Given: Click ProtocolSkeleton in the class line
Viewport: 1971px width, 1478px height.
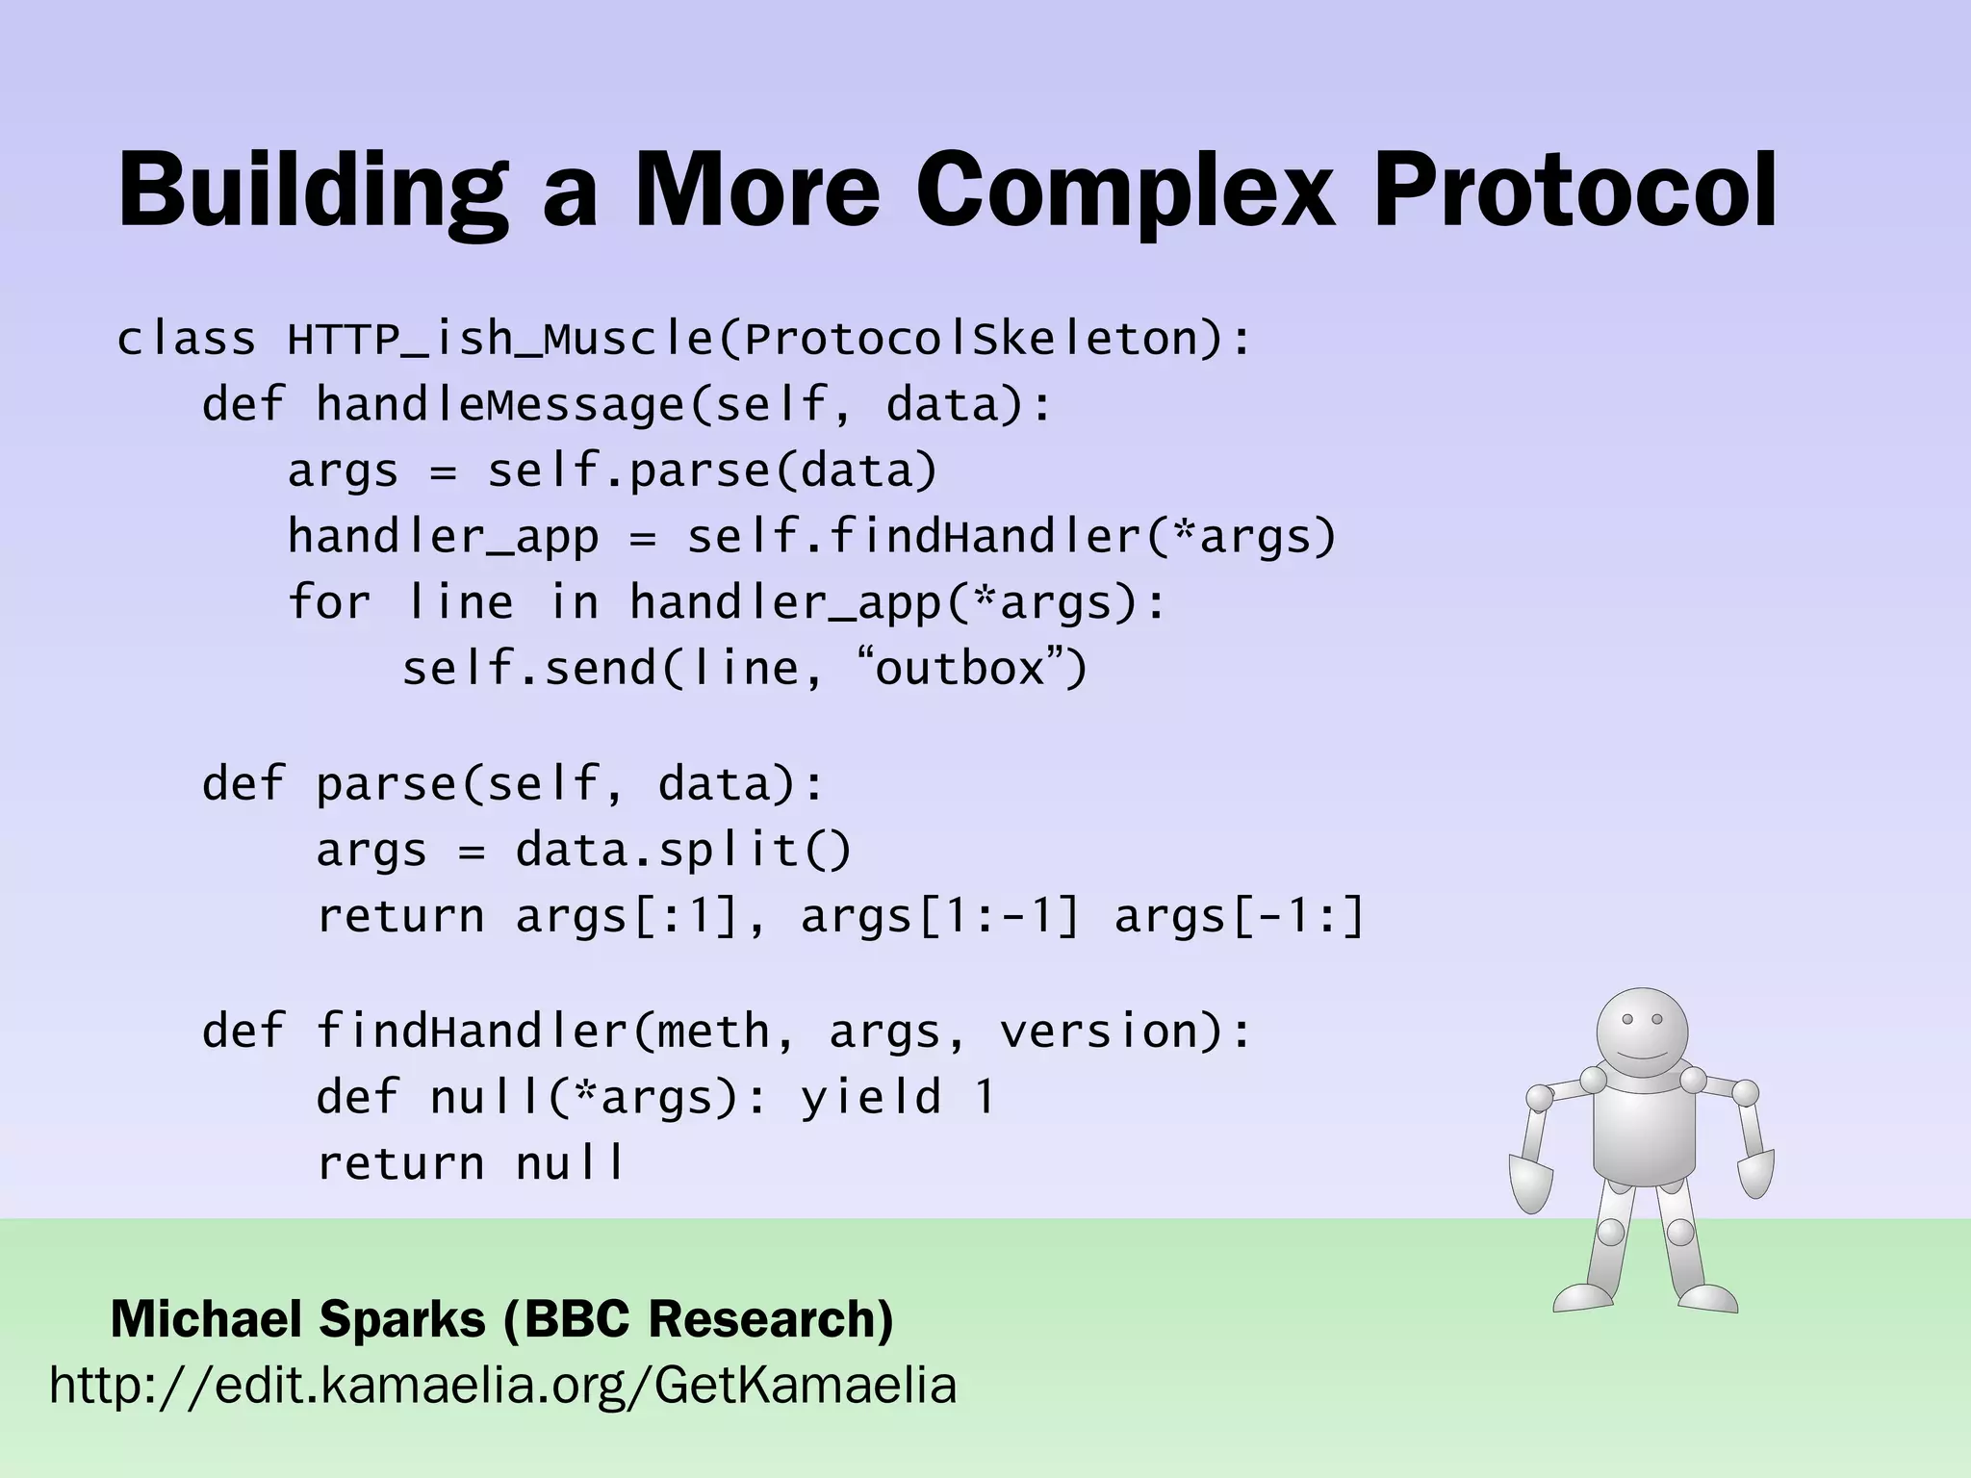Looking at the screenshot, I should [x=972, y=340].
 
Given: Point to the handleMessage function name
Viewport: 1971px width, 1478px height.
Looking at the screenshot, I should [x=499, y=404].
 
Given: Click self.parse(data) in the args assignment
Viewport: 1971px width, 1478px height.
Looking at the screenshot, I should [x=712, y=471].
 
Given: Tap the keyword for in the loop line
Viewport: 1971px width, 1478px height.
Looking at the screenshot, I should [x=329, y=602].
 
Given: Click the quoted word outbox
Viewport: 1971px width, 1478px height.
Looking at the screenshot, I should [x=960, y=668].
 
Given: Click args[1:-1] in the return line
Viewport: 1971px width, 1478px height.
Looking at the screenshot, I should [x=940, y=916].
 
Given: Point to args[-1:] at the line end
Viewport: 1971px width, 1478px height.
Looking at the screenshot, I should [x=1240, y=916].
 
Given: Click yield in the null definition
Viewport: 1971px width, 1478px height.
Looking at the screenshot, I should [x=871, y=1097].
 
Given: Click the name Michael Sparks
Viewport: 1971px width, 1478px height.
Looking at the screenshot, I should [x=298, y=1319].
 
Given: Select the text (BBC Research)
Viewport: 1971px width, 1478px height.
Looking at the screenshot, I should [x=700, y=1319].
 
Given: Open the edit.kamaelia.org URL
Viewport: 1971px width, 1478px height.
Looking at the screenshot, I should [x=503, y=1387].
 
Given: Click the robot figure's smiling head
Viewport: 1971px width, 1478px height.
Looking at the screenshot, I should [x=1642, y=1033].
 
